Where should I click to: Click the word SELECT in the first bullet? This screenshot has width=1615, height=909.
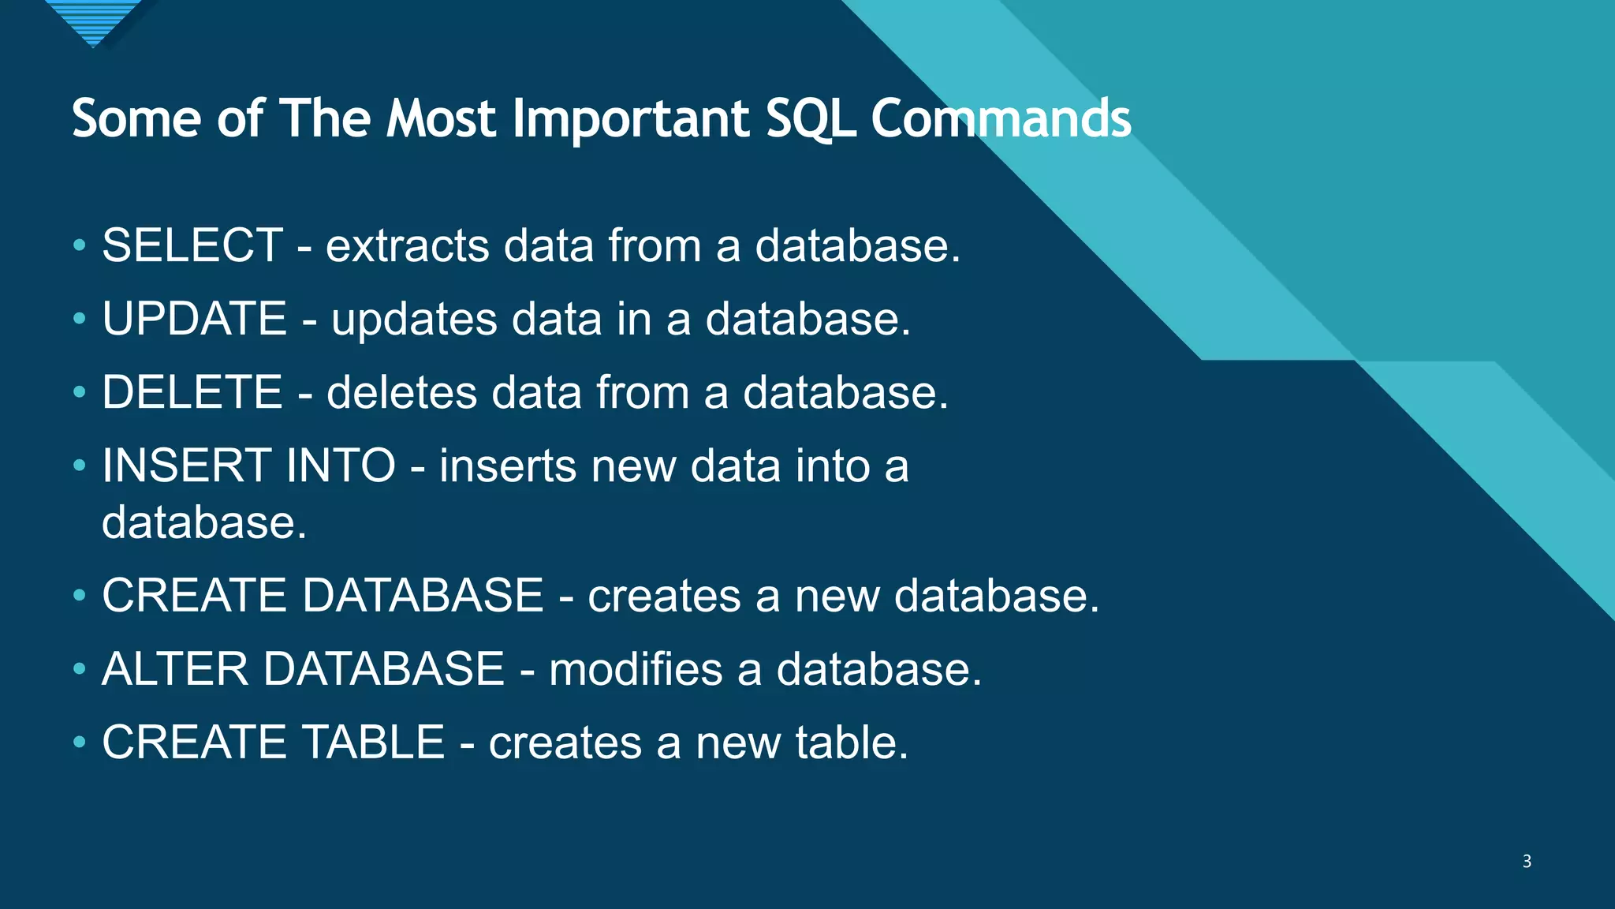pyautogui.click(x=192, y=245)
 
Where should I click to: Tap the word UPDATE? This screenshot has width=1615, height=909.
pyautogui.click(x=194, y=319)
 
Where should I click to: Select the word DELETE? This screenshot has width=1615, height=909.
pyautogui.click(x=192, y=392)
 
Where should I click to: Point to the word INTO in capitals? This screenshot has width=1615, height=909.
pyautogui.click(x=341, y=466)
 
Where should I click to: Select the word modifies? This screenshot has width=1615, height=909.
pyautogui.click(x=636, y=669)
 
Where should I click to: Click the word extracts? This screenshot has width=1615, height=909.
pyautogui.click(x=408, y=245)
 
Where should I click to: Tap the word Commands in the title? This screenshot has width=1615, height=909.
pyautogui.click(x=1001, y=120)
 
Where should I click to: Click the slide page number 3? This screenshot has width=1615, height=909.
pyautogui.click(x=1527, y=861)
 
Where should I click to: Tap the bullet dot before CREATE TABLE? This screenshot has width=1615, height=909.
pyautogui.click(x=79, y=743)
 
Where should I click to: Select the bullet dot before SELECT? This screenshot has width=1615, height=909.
pyautogui.click(x=79, y=245)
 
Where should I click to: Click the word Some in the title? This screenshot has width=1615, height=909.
pyautogui.click(x=136, y=120)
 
